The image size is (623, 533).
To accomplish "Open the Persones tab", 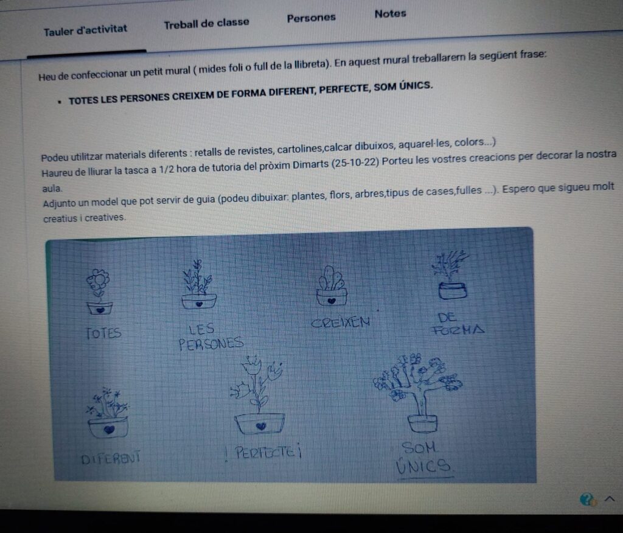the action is coord(311,18).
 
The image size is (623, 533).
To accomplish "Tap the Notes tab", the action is coord(390,14).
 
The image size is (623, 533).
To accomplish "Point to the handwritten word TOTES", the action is coord(103,333).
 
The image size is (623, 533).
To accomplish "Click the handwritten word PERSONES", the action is coord(211,344).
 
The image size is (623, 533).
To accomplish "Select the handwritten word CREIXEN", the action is coord(341,322).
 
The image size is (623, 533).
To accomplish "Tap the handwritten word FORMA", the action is coord(459,330).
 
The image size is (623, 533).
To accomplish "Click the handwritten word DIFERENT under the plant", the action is coord(111,458).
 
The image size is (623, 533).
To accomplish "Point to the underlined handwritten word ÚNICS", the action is coord(423,466).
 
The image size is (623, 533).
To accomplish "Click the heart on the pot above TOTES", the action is coord(100,309).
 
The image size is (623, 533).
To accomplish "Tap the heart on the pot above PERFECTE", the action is coord(260,426).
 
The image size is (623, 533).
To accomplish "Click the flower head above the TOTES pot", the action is coord(98,280).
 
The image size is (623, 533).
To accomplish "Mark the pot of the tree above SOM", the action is coord(423,423).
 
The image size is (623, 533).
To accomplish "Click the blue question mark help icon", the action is coord(587,499).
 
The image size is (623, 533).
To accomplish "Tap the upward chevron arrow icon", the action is coord(610,498).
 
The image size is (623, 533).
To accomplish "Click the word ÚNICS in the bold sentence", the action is coord(416,85).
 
